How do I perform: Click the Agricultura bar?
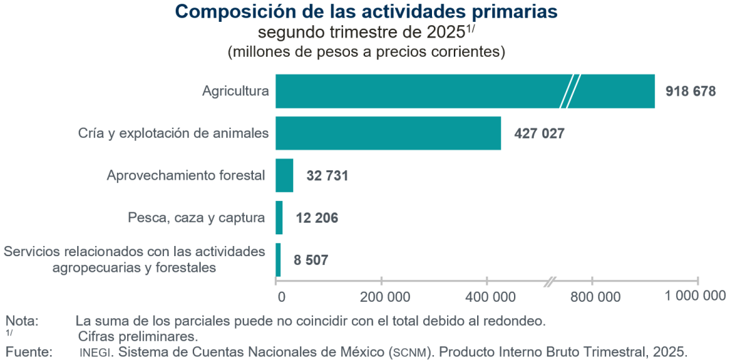tap(424, 92)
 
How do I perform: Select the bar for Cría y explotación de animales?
tap(388, 133)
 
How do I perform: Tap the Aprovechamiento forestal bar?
tap(284, 176)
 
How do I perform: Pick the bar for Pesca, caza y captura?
tap(279, 218)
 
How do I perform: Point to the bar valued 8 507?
tap(278, 260)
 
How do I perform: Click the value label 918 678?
tap(690, 92)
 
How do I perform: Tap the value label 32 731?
tap(327, 176)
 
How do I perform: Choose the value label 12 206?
tap(316, 219)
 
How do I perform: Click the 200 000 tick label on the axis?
tap(381, 296)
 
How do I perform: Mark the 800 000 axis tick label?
tap(592, 296)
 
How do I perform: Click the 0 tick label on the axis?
tap(280, 296)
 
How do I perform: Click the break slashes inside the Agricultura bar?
tap(570, 92)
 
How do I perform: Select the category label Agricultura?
tap(236, 92)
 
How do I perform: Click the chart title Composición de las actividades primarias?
tap(366, 12)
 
